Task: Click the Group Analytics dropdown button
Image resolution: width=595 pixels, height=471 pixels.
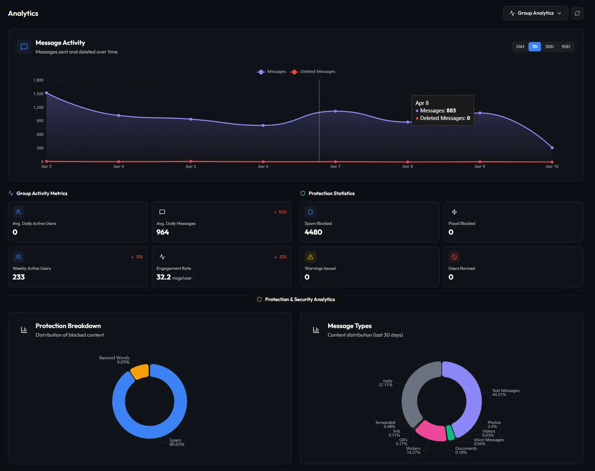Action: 535,13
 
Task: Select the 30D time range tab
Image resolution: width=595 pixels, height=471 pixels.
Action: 549,46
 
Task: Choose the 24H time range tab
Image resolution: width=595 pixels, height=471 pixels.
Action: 520,46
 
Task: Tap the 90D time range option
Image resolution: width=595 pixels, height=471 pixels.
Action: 566,46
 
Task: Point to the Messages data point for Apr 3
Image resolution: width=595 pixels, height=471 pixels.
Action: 46,93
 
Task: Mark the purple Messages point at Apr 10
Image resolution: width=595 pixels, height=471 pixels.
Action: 552,148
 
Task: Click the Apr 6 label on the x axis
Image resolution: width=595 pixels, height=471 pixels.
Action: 263,166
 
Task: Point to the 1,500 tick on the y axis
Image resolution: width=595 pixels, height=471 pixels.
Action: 38,94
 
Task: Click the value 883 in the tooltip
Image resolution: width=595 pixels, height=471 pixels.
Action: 451,111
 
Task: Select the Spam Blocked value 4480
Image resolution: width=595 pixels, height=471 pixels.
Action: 313,232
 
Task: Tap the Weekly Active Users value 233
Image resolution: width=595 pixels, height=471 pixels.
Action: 19,277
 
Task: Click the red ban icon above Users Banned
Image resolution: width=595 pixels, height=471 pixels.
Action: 454,257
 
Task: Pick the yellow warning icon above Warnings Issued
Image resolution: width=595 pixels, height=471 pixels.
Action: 310,257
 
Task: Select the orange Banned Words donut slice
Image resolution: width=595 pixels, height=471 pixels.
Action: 140,371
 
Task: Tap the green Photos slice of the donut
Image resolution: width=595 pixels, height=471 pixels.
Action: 450,433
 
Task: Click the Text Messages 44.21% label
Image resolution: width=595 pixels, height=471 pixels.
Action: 505,393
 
